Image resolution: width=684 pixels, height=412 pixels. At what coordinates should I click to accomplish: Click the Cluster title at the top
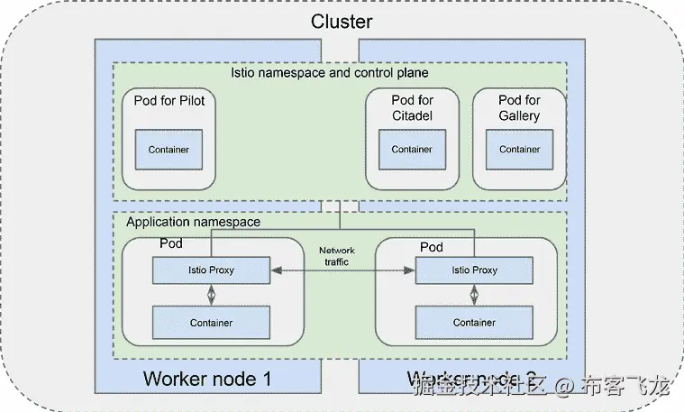pos(342,22)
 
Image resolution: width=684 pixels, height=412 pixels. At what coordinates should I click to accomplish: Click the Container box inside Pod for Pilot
pos(168,149)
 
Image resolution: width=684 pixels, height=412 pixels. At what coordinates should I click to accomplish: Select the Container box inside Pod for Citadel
pos(412,149)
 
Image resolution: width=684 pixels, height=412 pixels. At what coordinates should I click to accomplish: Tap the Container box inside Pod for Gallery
pos(519,149)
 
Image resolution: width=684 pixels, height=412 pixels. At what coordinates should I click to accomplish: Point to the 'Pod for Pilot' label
pos(169,100)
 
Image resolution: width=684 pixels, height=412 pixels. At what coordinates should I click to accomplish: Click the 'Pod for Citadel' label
pos(412,107)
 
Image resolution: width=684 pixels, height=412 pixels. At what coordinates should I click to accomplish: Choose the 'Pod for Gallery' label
pos(519,107)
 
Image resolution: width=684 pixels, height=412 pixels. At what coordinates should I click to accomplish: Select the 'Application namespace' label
pos(193,222)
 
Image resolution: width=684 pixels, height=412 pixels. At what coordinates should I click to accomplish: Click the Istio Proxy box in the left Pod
pos(211,270)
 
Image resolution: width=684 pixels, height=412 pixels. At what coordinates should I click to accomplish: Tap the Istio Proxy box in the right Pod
pos(473,270)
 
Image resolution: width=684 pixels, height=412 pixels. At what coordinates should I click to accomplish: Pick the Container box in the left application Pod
pos(211,322)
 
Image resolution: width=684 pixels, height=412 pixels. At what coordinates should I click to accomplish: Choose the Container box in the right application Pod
pos(473,322)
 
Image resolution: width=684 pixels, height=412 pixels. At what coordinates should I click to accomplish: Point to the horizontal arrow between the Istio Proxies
pos(342,270)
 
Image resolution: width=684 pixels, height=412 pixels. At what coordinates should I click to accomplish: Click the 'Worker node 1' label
pos(206,378)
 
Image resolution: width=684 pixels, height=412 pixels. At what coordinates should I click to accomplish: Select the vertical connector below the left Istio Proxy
pos(211,295)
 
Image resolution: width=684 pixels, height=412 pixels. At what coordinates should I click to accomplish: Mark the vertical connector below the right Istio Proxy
pos(473,295)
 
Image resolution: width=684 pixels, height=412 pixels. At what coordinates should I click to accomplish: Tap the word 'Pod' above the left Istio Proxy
pos(171,244)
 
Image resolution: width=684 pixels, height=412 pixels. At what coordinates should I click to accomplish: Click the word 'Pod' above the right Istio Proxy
pos(432,246)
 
